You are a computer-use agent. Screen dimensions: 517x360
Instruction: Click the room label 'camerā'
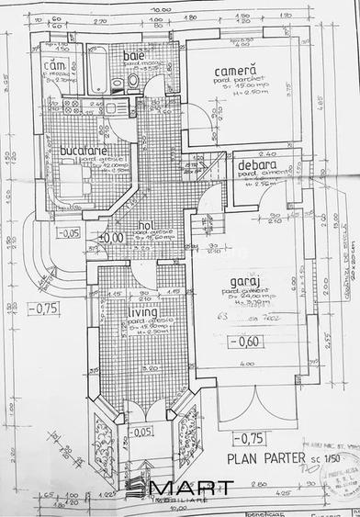click(x=235, y=72)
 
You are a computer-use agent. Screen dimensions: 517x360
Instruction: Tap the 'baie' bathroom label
click(x=135, y=56)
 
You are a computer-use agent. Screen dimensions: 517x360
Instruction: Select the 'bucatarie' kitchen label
click(x=84, y=150)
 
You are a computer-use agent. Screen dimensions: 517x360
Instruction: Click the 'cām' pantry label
click(x=58, y=66)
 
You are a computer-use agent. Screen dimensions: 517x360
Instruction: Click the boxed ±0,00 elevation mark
click(x=111, y=238)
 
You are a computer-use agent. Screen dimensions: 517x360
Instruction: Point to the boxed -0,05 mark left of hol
click(x=68, y=233)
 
